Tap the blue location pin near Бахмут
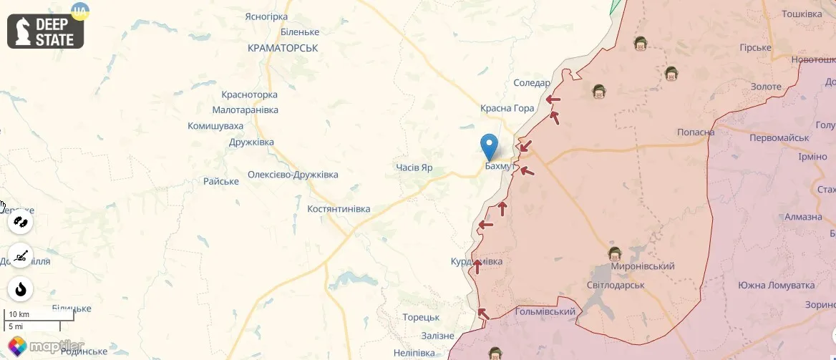click(490, 146)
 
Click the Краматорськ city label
click(282, 48)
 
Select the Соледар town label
click(532, 83)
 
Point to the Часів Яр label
click(414, 167)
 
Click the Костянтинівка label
click(339, 209)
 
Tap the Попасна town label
click(696, 132)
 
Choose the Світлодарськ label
click(616, 285)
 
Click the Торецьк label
click(420, 317)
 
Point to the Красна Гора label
click(507, 108)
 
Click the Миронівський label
click(643, 266)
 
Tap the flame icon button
click(21, 289)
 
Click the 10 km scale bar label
click(19, 314)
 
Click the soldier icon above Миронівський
click(614, 254)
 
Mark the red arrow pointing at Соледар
click(553, 100)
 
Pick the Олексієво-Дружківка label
click(293, 175)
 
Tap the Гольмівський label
click(545, 311)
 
